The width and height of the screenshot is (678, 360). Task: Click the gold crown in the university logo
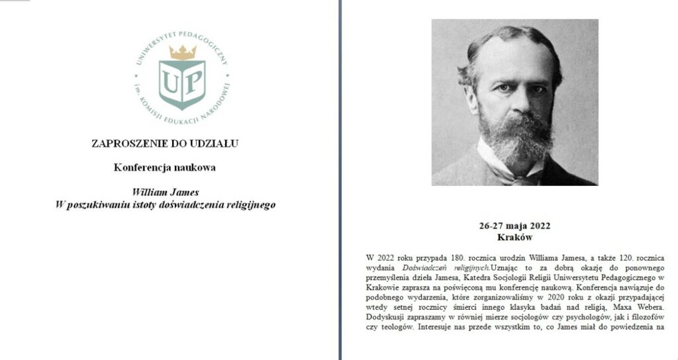(x=182, y=52)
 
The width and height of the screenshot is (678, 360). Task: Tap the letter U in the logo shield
(x=171, y=81)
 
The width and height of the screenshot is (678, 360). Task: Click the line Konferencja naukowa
(x=165, y=167)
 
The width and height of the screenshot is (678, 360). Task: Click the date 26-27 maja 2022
(x=514, y=226)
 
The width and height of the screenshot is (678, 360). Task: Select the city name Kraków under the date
(x=514, y=236)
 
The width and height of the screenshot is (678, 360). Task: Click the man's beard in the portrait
(x=514, y=136)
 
